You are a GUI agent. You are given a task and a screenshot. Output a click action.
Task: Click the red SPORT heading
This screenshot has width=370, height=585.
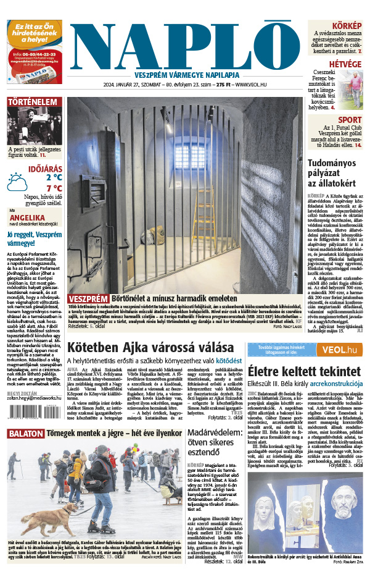point(350,119)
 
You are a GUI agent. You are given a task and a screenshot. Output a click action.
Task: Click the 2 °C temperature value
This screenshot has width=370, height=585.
point(54,177)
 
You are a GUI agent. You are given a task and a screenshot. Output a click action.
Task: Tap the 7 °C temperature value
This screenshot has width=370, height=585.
point(54,188)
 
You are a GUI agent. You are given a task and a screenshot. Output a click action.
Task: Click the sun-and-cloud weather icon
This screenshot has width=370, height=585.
point(17,182)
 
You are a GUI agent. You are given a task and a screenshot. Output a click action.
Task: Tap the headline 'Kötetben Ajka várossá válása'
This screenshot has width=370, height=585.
point(150,347)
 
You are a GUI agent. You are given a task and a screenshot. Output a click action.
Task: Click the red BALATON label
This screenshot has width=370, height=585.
point(25,434)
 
